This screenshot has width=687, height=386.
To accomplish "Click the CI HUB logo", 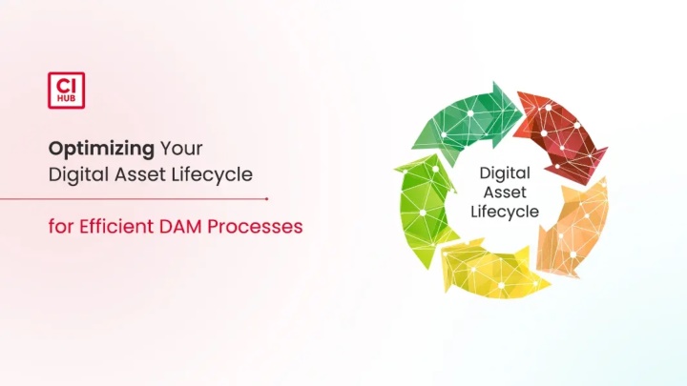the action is [x=66, y=91].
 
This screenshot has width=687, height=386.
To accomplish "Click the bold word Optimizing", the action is [x=101, y=150].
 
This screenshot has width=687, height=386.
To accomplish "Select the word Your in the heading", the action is [x=181, y=149].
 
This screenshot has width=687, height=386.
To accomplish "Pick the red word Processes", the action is [x=255, y=227].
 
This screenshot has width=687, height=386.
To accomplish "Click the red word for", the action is [x=61, y=227].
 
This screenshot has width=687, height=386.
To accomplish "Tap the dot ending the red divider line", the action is [x=266, y=198].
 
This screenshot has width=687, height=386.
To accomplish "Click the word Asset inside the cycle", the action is [x=505, y=193].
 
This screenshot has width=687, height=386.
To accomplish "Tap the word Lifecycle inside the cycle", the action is [x=505, y=212].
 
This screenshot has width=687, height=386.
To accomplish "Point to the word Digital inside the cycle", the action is [x=505, y=173].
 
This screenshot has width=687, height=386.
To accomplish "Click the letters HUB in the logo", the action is [x=66, y=99].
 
